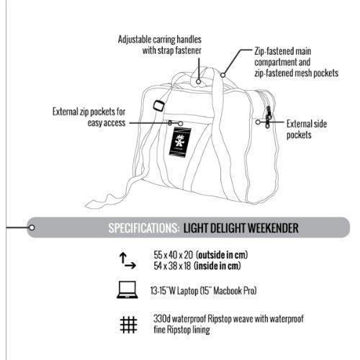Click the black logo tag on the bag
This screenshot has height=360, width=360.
point(180,142)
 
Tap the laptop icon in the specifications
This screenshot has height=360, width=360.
point(127,289)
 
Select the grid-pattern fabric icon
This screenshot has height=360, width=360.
point(129,325)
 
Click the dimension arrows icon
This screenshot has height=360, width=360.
point(127,261)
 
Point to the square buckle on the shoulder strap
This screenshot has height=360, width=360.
point(159,105)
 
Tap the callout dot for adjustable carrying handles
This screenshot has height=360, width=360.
point(198,81)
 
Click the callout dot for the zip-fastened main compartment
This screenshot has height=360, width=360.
point(223,75)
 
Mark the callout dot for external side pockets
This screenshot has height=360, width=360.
point(258,122)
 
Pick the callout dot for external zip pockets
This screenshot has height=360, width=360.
point(181,124)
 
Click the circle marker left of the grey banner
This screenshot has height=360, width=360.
point(32,228)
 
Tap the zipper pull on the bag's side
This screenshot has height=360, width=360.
point(268,117)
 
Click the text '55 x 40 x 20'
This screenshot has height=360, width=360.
point(174,255)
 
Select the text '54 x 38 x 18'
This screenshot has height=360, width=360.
point(172,266)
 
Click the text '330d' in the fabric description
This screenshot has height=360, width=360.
point(162,319)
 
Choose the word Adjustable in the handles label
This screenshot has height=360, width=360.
point(135,40)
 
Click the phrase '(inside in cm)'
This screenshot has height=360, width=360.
point(217,266)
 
